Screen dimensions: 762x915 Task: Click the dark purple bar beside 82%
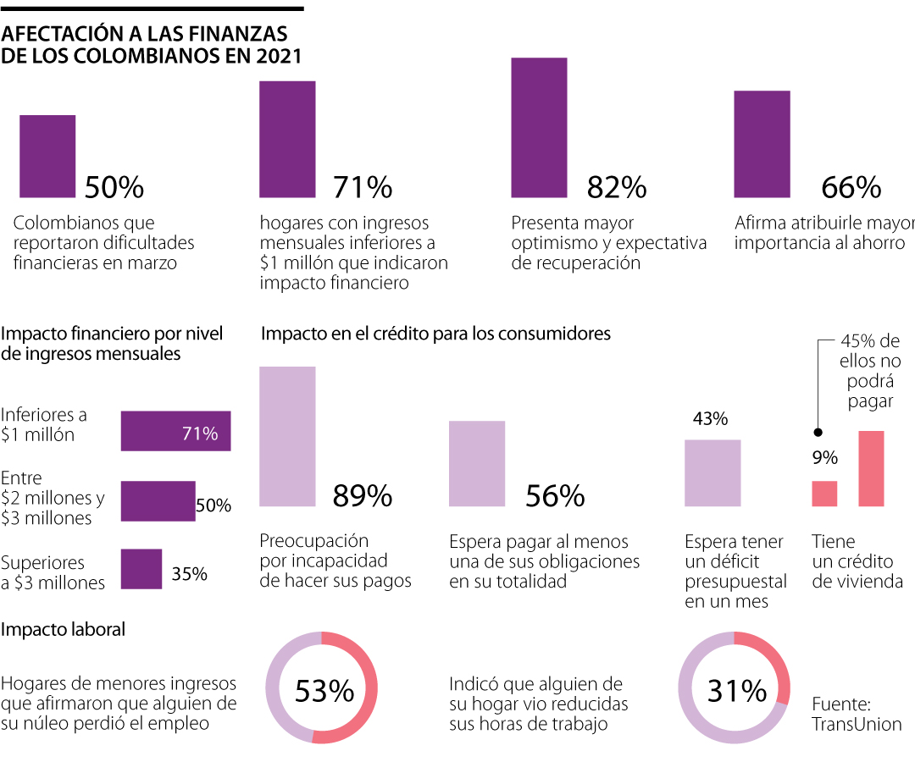pyautogui.click(x=539, y=128)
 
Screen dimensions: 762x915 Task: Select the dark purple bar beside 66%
pyautogui.click(x=762, y=144)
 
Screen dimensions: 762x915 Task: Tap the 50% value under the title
pyautogui.click(x=114, y=187)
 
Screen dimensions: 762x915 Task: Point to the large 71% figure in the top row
pyautogui.click(x=363, y=187)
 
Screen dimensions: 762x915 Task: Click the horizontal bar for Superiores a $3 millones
pyautogui.click(x=141, y=569)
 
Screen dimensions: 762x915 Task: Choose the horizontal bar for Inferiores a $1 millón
pyautogui.click(x=176, y=431)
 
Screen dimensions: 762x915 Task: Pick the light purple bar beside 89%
pyautogui.click(x=287, y=437)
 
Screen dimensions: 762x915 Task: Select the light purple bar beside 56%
pyautogui.click(x=477, y=464)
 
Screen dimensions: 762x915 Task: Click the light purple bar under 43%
pyautogui.click(x=713, y=473)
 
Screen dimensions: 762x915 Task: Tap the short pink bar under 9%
pyautogui.click(x=824, y=494)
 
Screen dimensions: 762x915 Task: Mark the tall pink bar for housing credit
pyautogui.click(x=871, y=468)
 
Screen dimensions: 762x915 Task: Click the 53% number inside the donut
pyautogui.click(x=324, y=692)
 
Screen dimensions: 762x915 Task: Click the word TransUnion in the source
pyautogui.click(x=857, y=724)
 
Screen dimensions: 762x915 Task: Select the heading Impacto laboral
pyautogui.click(x=64, y=629)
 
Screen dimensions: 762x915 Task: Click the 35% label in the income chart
pyautogui.click(x=189, y=573)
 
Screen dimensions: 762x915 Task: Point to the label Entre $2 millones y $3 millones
pyautogui.click(x=53, y=498)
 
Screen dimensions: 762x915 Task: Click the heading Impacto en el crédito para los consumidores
pyautogui.click(x=435, y=334)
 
